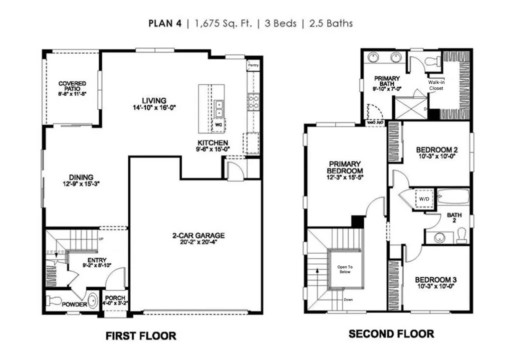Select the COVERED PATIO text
point(72,88)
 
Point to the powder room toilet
point(53,301)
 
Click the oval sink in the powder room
point(92,301)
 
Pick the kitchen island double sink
point(219,107)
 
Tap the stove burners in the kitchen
point(253,102)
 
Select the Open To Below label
point(344,269)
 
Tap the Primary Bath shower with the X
point(410,107)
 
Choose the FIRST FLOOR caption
point(141,336)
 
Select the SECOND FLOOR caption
point(391,334)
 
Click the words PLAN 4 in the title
point(166,23)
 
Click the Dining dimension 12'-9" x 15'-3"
point(81,183)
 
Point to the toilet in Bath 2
point(461,233)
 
